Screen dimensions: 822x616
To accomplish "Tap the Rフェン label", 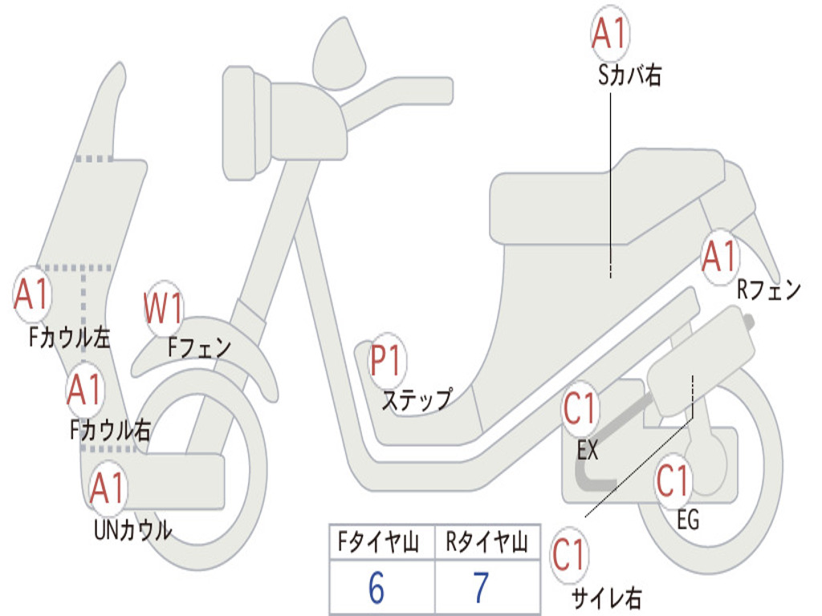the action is [769, 290].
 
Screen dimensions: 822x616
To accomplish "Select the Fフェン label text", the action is [199, 347].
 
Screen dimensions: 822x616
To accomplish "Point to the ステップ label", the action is [416, 399].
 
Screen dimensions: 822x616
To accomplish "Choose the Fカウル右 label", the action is [110, 431].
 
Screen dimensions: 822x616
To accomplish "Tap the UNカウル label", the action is [132, 529].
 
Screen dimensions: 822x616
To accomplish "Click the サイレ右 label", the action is [606, 598].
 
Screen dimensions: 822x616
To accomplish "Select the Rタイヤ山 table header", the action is [486, 544].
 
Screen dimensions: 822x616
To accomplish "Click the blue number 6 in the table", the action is [376, 589].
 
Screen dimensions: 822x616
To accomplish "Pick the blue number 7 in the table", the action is [480, 589].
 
